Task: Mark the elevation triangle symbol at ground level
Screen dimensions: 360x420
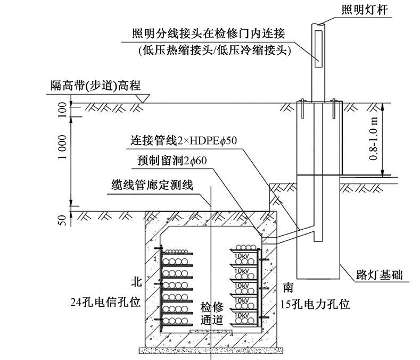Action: pyautogui.click(x=142, y=98)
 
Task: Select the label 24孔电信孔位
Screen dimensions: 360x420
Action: pyautogui.click(x=105, y=302)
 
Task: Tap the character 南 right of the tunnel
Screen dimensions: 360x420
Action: pyautogui.click(x=288, y=288)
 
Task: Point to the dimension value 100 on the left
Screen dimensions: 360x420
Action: pyautogui.click(x=62, y=110)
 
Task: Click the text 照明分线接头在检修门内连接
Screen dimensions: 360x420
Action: pyautogui.click(x=209, y=34)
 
